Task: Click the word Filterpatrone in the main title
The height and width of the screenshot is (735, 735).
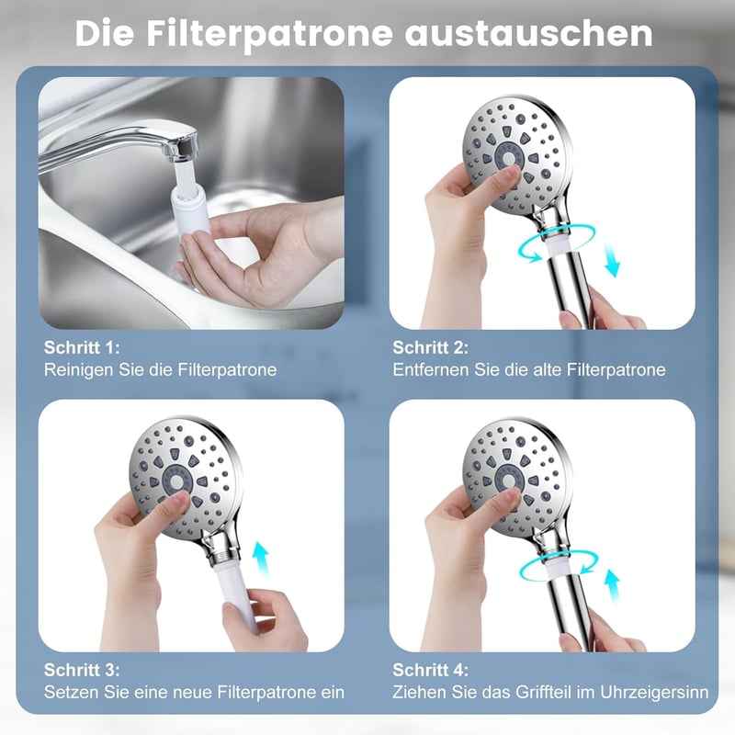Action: [x=269, y=35]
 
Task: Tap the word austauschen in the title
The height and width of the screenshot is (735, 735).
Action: [x=529, y=34]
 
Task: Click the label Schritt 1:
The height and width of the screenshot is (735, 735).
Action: [x=82, y=347]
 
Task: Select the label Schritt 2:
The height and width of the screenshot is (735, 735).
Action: [x=430, y=347]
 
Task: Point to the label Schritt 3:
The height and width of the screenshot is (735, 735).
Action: [x=82, y=670]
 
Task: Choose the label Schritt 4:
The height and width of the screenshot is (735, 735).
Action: [x=430, y=670]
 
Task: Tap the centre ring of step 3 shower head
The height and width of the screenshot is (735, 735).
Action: [x=176, y=481]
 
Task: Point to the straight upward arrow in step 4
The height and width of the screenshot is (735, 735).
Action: [x=611, y=585]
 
